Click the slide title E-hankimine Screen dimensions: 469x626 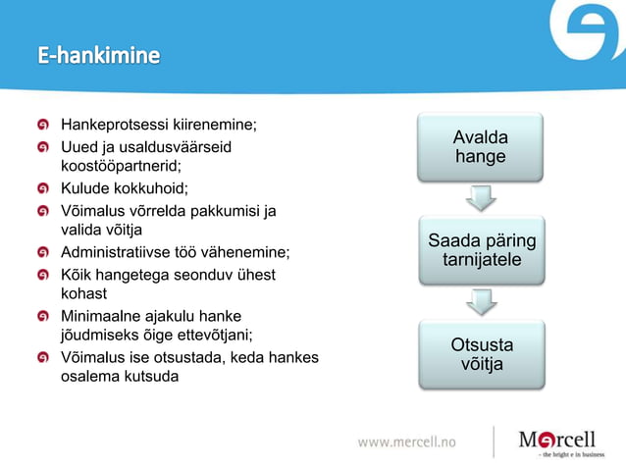98,56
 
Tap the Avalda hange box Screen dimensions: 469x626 480,147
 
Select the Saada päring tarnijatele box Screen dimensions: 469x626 480,250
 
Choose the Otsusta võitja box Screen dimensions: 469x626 480,354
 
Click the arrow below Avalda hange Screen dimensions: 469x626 480,198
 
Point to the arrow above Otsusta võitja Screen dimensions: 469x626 480,301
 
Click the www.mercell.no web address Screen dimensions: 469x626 406,443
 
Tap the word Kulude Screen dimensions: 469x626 85,188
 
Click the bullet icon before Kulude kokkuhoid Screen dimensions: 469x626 44,188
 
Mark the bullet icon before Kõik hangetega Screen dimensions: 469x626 44,275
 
